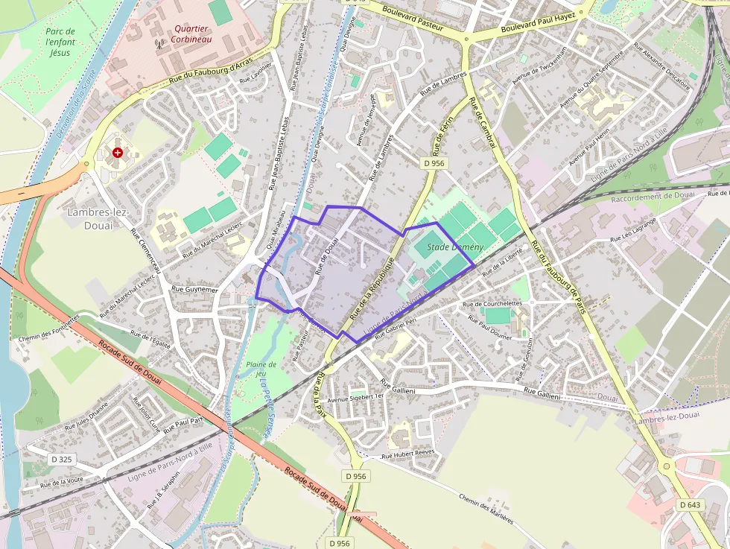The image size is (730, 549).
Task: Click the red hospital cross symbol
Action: click(117, 153)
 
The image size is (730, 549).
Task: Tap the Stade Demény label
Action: click(455, 247)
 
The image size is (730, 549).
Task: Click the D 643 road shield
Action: click(691, 504)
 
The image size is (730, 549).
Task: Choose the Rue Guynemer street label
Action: click(195, 289)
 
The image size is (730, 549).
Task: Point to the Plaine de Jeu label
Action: click(261, 369)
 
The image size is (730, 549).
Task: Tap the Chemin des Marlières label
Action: click(486, 510)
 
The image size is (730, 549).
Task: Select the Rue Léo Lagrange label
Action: click(633, 230)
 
